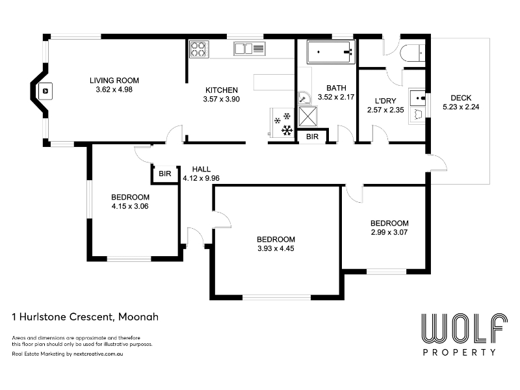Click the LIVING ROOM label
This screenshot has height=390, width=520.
click(x=114, y=80)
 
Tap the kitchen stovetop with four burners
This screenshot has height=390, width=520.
click(x=199, y=49)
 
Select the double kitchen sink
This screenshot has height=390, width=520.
click(x=250, y=49)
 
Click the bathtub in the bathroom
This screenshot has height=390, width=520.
click(x=331, y=52)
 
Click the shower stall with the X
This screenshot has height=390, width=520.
click(x=308, y=116)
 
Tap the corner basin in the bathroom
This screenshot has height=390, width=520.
click(x=304, y=97)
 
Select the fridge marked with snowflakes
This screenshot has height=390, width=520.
click(x=282, y=122)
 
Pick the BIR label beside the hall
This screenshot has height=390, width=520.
click(x=165, y=174)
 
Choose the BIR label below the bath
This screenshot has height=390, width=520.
click(x=312, y=136)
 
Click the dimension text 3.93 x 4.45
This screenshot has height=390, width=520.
click(x=276, y=248)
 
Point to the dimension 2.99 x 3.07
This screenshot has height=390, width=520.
click(x=389, y=232)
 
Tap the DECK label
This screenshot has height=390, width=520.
click(x=461, y=98)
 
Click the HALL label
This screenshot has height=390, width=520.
click(x=201, y=169)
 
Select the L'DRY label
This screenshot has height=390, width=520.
click(x=385, y=101)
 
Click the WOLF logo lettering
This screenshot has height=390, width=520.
click(x=464, y=328)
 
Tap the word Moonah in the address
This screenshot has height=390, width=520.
click(x=138, y=317)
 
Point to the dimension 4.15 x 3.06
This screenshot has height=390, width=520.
click(x=130, y=206)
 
